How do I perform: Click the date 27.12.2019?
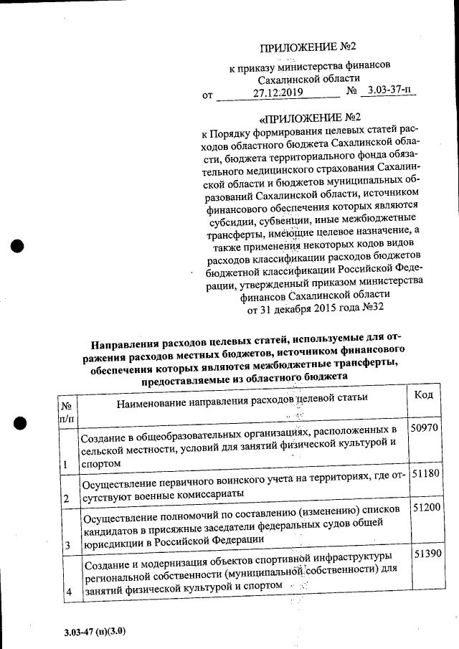278,93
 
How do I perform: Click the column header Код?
424,394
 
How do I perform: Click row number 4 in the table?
69,592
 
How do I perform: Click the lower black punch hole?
21,423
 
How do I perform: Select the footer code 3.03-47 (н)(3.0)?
94,631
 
